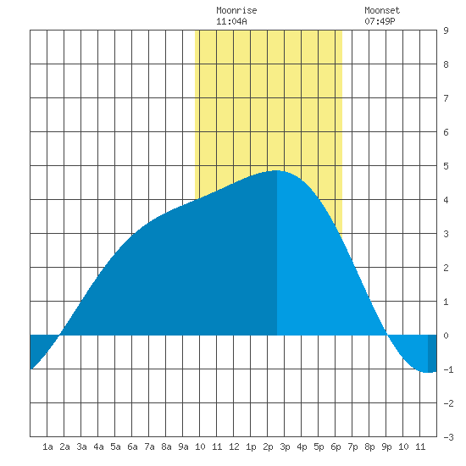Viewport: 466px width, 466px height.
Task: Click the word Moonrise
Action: click(x=236, y=10)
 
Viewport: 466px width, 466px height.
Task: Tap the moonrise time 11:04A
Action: click(x=231, y=21)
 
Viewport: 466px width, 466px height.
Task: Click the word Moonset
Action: click(x=382, y=10)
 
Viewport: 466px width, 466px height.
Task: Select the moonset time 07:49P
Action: click(x=380, y=21)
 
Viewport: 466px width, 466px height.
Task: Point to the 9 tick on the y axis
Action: click(x=446, y=31)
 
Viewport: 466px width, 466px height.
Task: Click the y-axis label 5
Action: click(x=446, y=166)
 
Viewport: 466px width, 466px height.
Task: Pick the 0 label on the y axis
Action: click(x=446, y=336)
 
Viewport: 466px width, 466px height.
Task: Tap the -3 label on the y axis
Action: click(x=448, y=437)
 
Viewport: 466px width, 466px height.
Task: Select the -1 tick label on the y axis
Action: click(x=448, y=369)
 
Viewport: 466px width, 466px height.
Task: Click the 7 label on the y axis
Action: click(x=446, y=98)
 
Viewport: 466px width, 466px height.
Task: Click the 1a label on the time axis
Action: click(x=47, y=447)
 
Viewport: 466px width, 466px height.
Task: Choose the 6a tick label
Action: click(x=132, y=447)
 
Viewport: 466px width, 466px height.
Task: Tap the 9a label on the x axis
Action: click(x=183, y=447)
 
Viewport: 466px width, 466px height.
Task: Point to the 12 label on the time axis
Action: click(x=234, y=447)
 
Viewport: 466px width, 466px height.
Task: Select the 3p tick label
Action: click(x=285, y=447)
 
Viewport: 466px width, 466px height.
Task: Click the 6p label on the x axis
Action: click(x=336, y=447)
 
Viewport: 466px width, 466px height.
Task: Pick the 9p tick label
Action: click(x=386, y=447)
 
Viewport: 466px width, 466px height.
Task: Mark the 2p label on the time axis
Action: click(x=268, y=447)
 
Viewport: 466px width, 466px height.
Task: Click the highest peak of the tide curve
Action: click(x=277, y=170)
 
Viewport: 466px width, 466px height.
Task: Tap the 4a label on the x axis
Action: click(x=98, y=447)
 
